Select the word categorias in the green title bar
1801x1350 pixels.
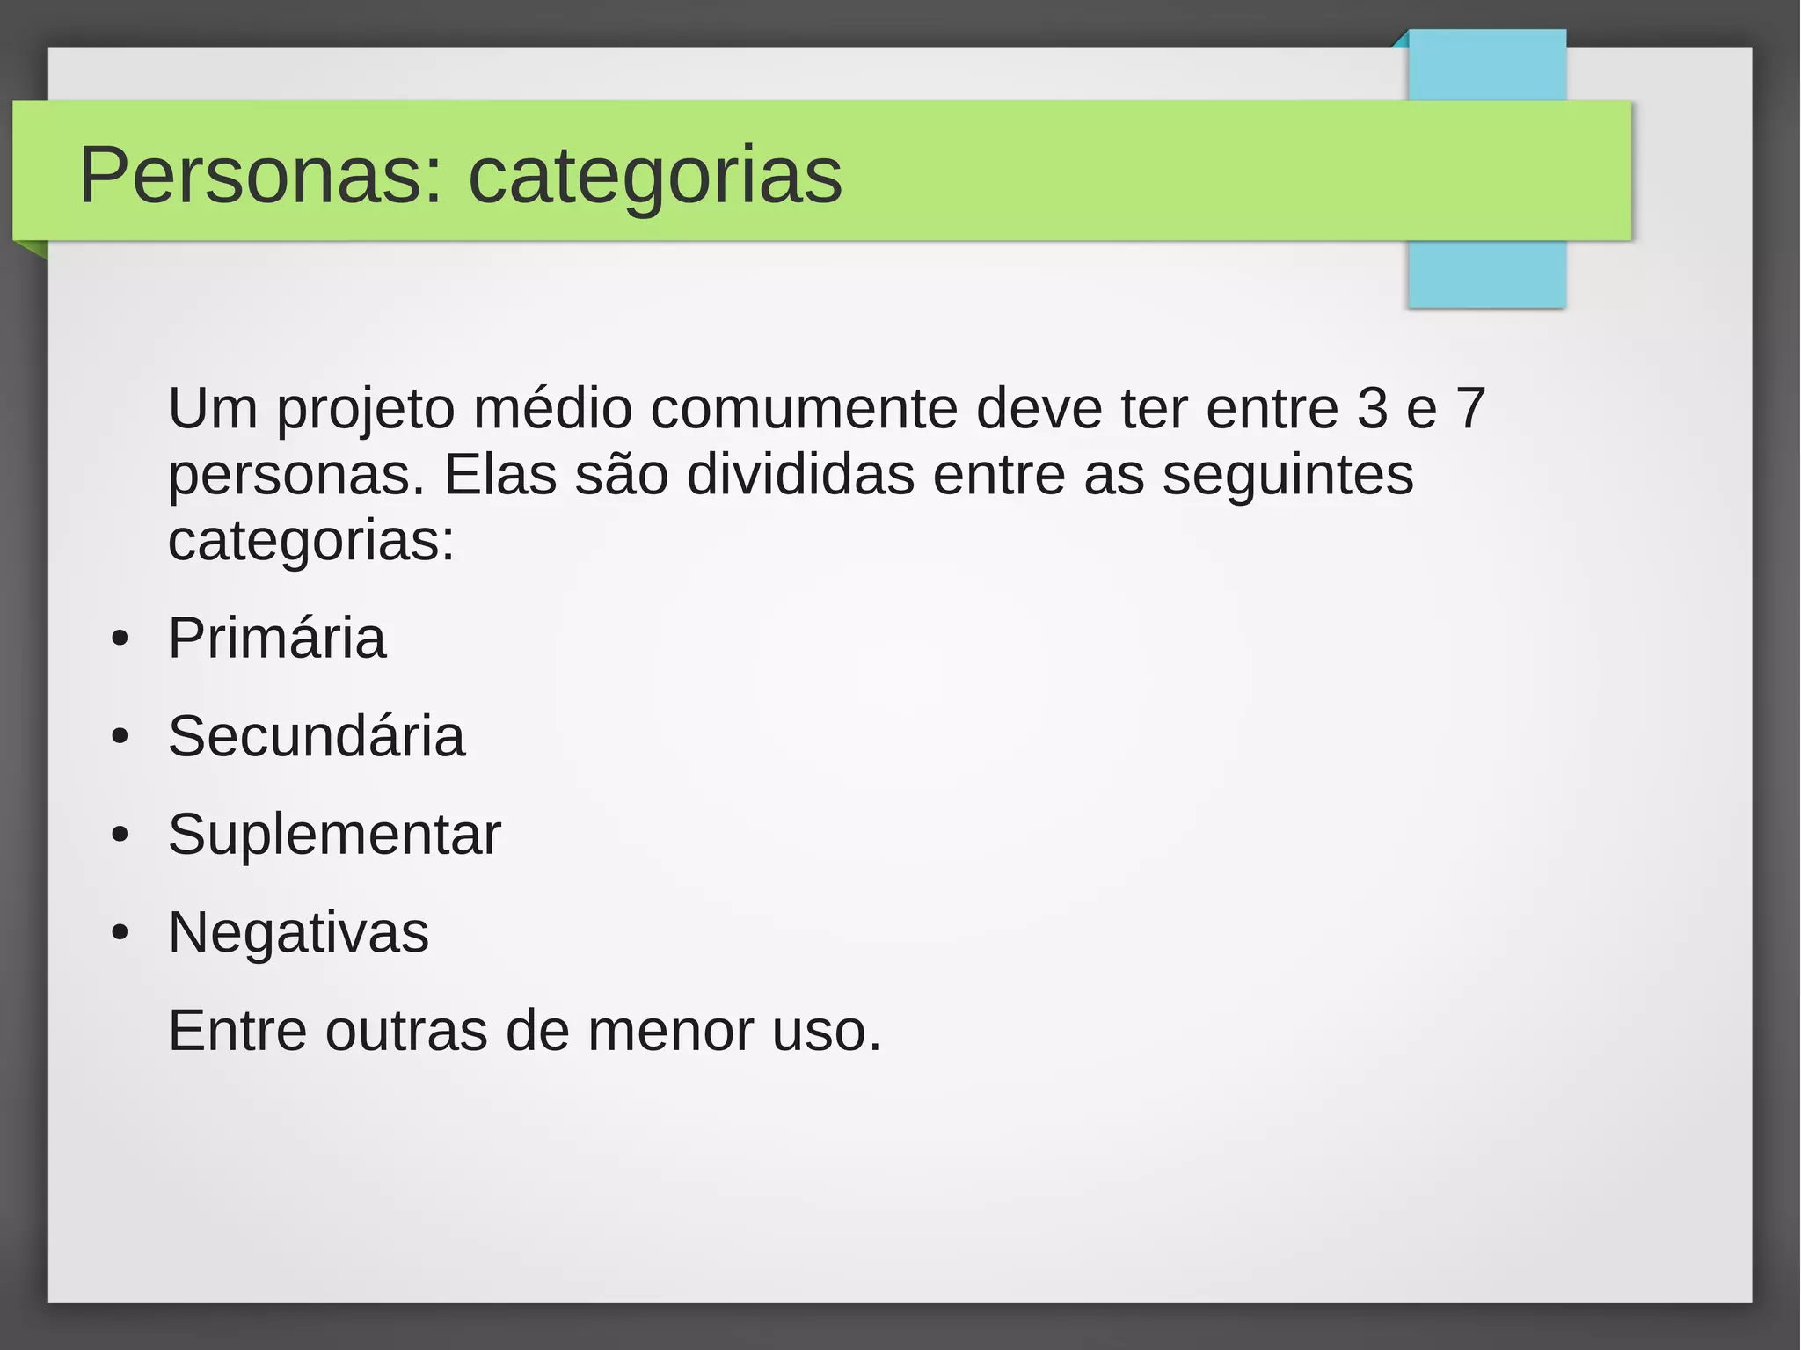point(655,177)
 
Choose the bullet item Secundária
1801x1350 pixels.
point(317,736)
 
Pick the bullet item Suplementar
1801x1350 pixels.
point(334,834)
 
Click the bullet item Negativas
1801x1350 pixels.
point(299,932)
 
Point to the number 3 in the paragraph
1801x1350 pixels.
point(1372,408)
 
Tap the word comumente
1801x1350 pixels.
point(804,408)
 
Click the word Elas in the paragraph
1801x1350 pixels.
point(500,475)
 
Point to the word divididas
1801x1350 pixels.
point(800,475)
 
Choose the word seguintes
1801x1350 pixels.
point(1288,477)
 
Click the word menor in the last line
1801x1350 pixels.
point(671,1031)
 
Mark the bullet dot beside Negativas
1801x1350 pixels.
point(120,932)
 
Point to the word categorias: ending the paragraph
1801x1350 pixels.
point(311,542)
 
